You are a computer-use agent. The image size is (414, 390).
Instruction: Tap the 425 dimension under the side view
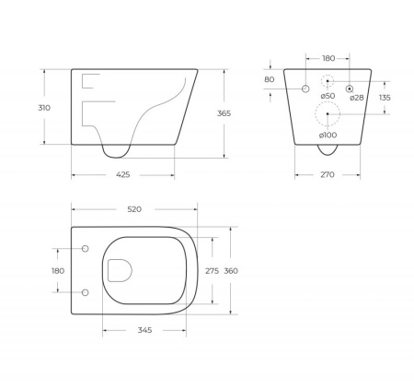click(122, 174)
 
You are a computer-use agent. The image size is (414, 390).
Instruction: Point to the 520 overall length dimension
click(134, 210)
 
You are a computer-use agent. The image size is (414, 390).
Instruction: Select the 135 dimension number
click(385, 98)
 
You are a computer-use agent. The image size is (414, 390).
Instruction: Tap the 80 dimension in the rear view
click(269, 79)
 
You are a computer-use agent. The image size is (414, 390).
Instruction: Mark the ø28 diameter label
click(357, 97)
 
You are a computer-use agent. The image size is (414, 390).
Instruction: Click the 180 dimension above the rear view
click(328, 56)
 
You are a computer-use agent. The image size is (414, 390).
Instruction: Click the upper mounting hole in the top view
click(85, 249)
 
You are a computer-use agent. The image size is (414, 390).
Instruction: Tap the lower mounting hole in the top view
click(85, 292)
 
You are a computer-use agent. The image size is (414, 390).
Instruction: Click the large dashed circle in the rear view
click(328, 114)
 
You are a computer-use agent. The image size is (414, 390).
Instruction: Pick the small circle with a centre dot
click(351, 88)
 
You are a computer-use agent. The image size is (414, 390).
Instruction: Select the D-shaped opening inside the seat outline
click(120, 270)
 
